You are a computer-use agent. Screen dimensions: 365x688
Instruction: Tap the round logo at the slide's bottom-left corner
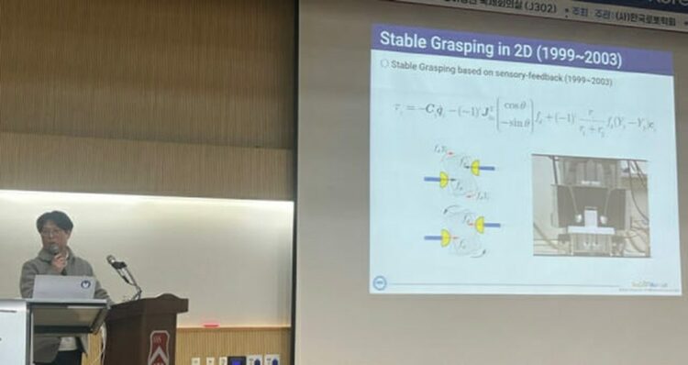click(x=381, y=282)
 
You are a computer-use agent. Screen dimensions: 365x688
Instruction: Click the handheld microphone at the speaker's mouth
click(x=55, y=251)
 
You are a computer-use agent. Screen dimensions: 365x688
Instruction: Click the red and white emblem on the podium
click(x=159, y=348)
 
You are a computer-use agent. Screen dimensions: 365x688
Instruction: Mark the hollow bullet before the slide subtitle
click(x=384, y=65)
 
